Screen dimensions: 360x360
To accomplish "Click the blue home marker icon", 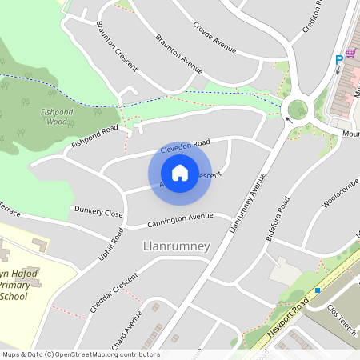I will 180,172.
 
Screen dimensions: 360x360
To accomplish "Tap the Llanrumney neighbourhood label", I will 175,246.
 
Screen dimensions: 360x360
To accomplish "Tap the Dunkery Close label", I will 98,213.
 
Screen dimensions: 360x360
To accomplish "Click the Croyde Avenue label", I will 214,37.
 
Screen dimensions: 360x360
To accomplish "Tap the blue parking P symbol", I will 338,58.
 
